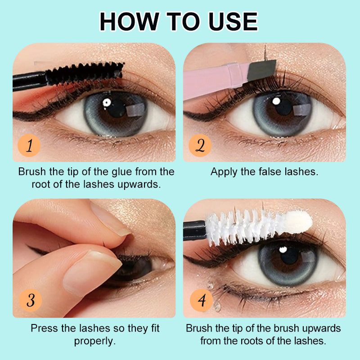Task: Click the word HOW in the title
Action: point(129,22)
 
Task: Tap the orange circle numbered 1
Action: point(29,145)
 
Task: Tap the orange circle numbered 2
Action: point(200,145)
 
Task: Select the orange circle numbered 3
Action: point(31,300)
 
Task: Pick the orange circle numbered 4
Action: point(201,300)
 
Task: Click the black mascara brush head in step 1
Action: point(85,73)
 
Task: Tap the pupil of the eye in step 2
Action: point(284,107)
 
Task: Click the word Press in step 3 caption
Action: point(45,328)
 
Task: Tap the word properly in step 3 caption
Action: point(94,342)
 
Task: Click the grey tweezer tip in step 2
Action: point(262,70)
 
